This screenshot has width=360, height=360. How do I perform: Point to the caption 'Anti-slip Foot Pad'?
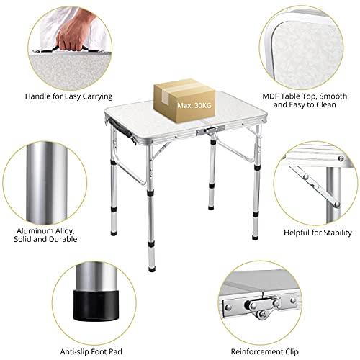[63, 332]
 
